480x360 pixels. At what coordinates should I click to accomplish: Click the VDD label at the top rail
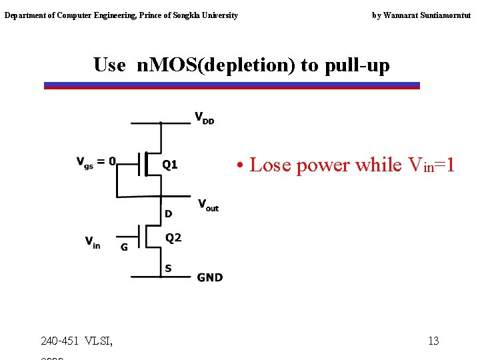tap(204, 118)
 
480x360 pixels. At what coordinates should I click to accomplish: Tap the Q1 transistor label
tap(171, 164)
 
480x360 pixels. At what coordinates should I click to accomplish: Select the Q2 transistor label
tap(173, 238)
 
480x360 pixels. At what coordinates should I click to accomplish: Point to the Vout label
tap(207, 205)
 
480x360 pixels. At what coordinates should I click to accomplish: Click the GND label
tap(209, 277)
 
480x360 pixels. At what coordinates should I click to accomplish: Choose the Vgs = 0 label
tap(96, 162)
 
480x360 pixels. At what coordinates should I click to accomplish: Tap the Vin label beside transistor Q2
tap(93, 241)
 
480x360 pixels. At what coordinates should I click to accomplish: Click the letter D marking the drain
tap(169, 214)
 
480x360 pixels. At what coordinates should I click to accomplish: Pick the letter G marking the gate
tap(124, 247)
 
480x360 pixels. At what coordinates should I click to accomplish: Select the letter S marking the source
tap(168, 269)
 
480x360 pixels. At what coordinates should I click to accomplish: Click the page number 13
tap(433, 341)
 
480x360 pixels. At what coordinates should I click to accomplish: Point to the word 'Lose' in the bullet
tap(270, 165)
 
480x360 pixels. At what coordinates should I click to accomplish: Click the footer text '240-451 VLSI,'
tap(77, 341)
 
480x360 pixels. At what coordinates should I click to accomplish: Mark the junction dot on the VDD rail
tap(161, 123)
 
